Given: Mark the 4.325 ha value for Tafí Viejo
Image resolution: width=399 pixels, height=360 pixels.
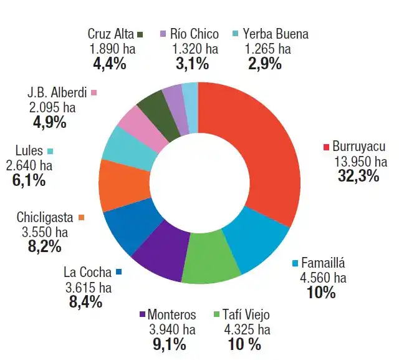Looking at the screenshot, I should point(244,329).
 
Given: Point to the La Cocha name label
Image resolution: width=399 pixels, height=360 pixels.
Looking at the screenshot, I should point(87,273).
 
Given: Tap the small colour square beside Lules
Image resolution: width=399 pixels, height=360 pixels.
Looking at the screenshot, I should point(50,151).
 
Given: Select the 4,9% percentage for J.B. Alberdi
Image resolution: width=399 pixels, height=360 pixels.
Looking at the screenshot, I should point(50,122).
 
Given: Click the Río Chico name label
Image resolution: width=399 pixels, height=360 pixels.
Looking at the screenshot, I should point(195,34).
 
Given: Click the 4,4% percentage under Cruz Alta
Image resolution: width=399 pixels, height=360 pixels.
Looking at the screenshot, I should point(110,64).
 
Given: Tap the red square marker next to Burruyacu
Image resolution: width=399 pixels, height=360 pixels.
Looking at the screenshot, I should point(325,147).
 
